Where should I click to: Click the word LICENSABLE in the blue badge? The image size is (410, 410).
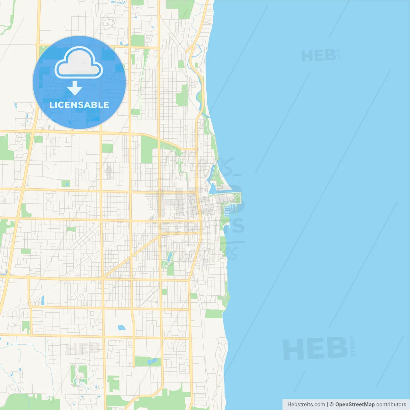click(x=79, y=105)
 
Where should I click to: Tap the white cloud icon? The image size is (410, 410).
click(x=79, y=63)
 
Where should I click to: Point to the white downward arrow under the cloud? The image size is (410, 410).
click(x=75, y=88)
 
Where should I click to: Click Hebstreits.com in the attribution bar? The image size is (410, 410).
click(x=306, y=405)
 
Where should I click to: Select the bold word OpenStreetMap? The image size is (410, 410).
click(x=355, y=405)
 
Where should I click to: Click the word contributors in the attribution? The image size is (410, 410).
click(x=391, y=405)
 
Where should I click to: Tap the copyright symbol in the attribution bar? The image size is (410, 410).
click(x=332, y=405)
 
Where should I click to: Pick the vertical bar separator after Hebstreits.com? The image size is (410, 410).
click(x=327, y=405)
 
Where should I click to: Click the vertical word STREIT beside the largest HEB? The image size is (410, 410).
click(x=353, y=346)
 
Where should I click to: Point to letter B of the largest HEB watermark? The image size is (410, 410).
click(x=337, y=348)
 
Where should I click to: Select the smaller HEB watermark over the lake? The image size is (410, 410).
click(x=319, y=56)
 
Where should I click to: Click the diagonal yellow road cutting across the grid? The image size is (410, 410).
click(x=131, y=256)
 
